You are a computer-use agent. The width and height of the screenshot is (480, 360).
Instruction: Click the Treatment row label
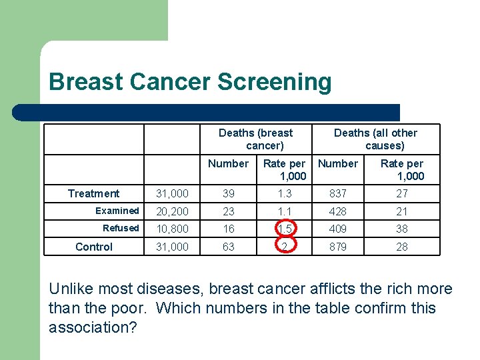click(93, 193)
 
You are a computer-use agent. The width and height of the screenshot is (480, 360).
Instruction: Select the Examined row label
click(117, 211)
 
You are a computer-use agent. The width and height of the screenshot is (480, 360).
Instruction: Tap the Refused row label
click(121, 228)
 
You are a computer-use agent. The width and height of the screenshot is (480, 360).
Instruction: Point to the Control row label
click(94, 247)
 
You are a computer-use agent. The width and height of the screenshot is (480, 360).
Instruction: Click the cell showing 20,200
click(172, 211)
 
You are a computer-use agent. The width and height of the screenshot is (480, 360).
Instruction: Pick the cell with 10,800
click(172, 229)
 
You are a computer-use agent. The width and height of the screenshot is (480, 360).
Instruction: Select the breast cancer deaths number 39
click(229, 193)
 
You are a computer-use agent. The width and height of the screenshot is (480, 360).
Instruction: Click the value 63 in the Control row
click(229, 247)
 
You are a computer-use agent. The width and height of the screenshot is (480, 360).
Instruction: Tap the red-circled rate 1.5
click(285, 229)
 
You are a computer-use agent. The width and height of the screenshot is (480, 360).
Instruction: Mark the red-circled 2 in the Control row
click(285, 247)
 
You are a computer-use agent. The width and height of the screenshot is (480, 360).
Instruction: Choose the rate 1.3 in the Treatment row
click(285, 193)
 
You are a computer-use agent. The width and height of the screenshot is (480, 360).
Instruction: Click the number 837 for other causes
click(337, 193)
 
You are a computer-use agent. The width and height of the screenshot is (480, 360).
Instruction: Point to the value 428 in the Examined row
click(337, 211)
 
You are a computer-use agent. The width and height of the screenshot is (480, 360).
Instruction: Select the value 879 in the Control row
click(337, 247)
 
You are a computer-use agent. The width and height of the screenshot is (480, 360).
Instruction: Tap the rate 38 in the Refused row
click(402, 229)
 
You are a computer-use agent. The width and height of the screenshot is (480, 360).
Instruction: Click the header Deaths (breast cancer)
click(256, 139)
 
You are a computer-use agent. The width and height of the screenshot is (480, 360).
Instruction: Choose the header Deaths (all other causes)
click(376, 139)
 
